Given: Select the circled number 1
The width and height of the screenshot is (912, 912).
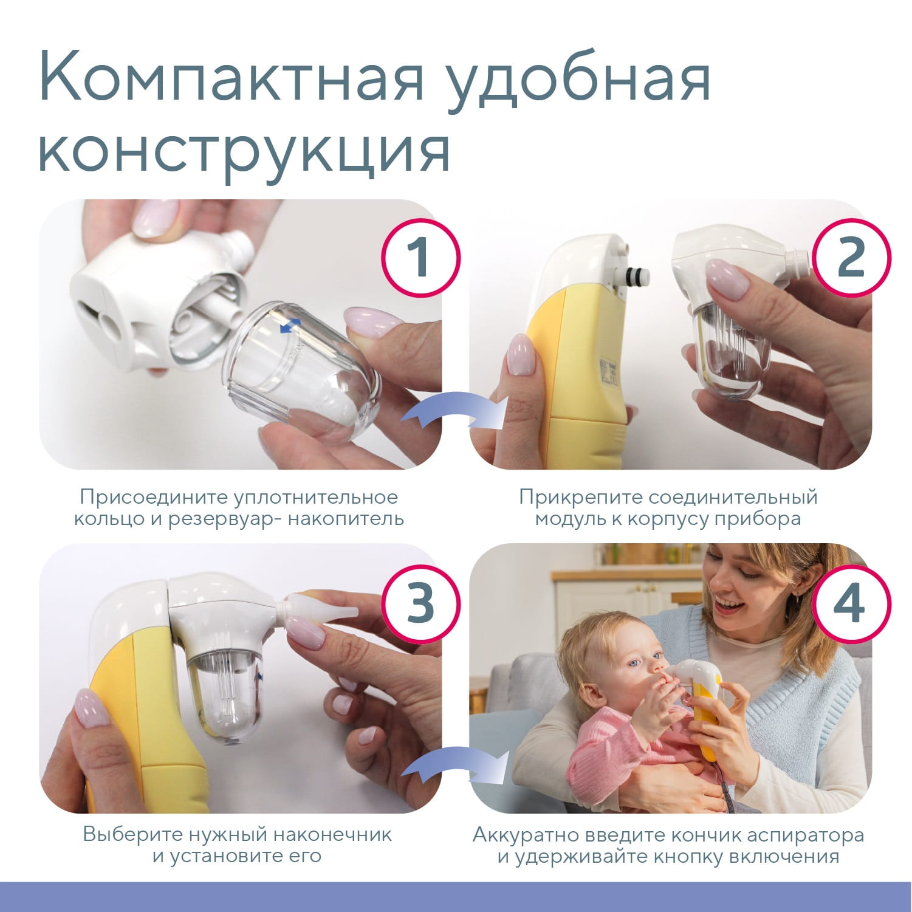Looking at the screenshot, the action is coord(420,258).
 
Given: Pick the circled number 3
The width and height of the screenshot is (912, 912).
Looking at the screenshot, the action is coord(420,603).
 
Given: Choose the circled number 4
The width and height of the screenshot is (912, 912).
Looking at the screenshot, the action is coord(851,603).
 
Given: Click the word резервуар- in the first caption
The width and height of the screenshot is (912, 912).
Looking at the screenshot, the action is coord(222,519).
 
